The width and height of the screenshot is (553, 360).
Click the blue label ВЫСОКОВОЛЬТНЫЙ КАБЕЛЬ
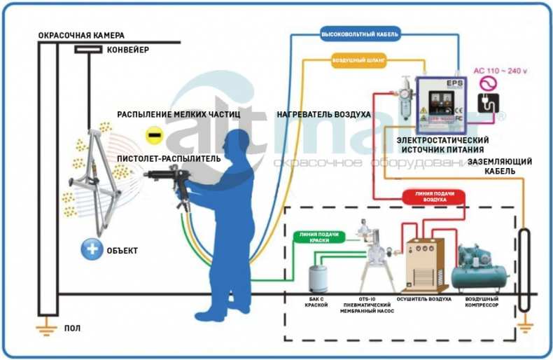point(360,34)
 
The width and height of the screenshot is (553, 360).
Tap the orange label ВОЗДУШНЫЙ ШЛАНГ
point(359,60)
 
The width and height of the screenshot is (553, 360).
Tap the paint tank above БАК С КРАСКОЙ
point(319,277)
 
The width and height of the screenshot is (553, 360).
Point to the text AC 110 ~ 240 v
point(500,71)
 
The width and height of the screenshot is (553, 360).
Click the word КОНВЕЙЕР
point(127,50)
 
